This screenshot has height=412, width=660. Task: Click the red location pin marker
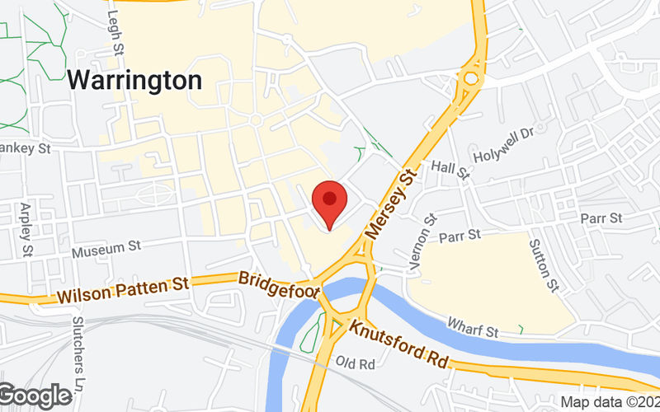point(330,202)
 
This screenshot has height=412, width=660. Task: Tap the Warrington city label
point(134,81)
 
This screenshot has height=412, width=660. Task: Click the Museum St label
point(106,246)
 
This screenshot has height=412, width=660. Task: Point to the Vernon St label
point(429,232)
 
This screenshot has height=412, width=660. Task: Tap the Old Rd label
point(356,363)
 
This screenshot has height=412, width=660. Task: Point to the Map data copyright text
point(610,402)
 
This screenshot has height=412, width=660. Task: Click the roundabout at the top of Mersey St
point(472,80)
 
